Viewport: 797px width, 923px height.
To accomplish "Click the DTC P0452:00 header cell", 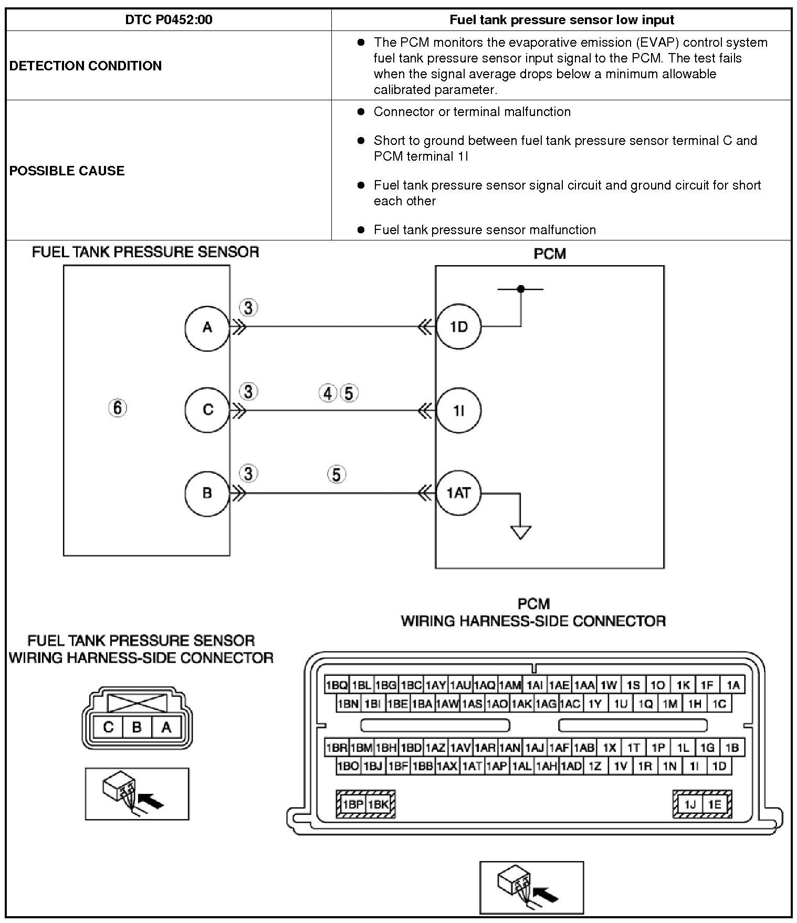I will coord(169,20).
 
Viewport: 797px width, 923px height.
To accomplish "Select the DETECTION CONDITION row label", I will coord(86,66).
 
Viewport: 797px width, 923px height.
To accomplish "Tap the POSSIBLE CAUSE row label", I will coord(67,171).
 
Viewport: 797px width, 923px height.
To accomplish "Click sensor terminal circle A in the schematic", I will coord(207,327).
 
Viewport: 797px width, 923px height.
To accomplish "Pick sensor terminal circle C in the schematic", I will coord(207,410).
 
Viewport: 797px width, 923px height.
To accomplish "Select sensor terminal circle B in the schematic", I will coord(207,493).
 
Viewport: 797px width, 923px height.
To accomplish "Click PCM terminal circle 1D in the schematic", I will coord(458,327).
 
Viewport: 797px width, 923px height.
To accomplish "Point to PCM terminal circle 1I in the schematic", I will coord(458,410).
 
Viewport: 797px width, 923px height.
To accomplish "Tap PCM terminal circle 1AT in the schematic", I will coord(458,493).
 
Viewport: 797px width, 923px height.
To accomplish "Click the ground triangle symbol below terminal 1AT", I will coord(520,532).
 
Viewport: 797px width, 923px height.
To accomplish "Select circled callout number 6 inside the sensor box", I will coord(118,408).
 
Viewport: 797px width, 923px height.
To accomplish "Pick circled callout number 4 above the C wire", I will coord(328,393).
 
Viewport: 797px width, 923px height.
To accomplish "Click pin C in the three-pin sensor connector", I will coord(108,727).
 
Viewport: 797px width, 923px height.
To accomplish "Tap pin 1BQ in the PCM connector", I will coord(336,685).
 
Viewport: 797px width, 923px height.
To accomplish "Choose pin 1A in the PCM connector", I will coord(733,685).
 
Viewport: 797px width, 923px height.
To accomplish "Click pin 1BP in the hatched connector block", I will coord(353,804).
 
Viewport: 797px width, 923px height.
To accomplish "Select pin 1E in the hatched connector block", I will coord(714,804).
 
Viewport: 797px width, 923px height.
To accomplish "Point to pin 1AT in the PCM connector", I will coord(471,766).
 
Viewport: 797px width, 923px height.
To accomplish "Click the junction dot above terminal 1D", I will coord(520,289).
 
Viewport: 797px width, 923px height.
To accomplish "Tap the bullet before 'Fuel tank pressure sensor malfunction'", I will coord(361,229).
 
